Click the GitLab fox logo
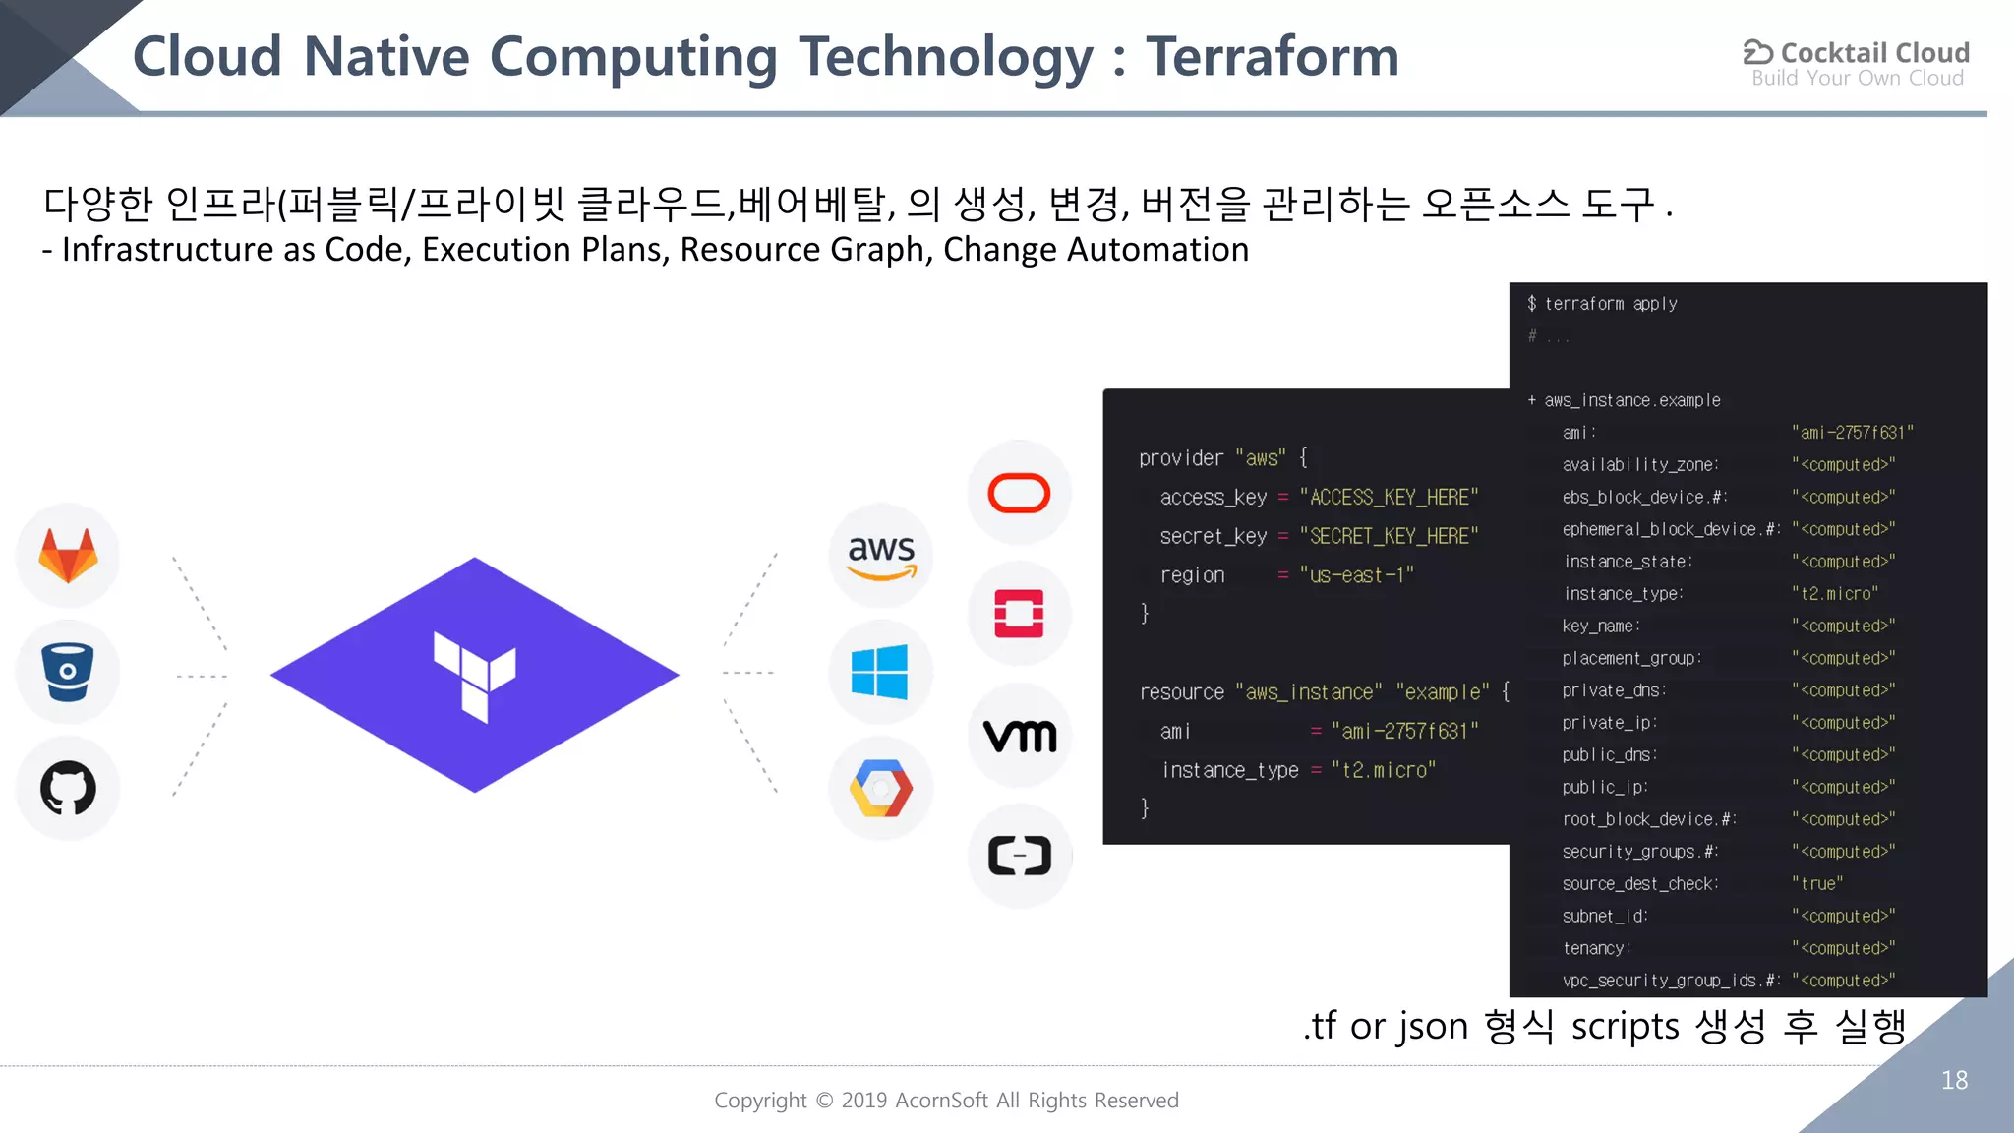tap(68, 556)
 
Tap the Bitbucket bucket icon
tap(68, 672)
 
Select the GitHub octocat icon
tap(68, 788)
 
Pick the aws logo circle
tap(881, 556)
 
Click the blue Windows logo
tap(880, 673)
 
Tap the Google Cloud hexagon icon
tap(881, 788)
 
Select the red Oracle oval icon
tap(1019, 493)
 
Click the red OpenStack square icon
tap(1019, 614)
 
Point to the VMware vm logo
tap(1020, 735)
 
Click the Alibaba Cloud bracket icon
tap(1020, 856)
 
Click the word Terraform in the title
tap(1272, 56)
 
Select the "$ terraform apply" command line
tap(1603, 304)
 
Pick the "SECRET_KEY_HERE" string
tap(1389, 536)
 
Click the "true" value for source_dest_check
tap(1817, 883)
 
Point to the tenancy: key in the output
tap(1597, 948)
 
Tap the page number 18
tap(1954, 1080)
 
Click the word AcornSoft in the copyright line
tap(941, 1101)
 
